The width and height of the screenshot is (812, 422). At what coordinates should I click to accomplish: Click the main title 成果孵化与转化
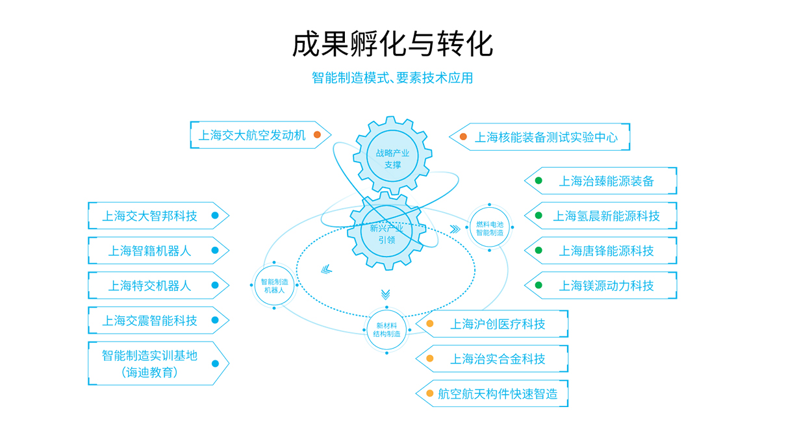point(392,44)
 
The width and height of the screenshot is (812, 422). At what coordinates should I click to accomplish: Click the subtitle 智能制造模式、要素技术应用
point(392,78)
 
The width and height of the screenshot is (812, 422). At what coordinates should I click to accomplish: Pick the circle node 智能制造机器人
point(274,286)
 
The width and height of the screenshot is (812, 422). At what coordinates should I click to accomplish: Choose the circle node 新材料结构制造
point(387,329)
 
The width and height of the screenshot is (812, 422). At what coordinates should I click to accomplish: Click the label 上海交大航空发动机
point(252,136)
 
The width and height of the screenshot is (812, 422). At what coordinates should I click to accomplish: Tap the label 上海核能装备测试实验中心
point(546,137)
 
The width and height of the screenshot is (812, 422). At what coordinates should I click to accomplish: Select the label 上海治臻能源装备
point(606,181)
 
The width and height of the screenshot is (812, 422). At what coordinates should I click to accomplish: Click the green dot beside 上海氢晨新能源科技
point(539,216)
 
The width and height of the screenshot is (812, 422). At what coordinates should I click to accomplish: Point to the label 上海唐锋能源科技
point(606,251)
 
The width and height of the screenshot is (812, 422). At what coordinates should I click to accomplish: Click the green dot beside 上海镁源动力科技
point(539,285)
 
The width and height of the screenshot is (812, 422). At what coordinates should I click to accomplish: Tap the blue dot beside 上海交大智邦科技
point(214,216)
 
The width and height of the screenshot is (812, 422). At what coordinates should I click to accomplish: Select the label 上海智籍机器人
point(150,251)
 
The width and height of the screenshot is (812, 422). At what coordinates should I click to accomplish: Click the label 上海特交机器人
point(150,285)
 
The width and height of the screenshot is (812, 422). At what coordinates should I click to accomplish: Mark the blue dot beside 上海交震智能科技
point(214,320)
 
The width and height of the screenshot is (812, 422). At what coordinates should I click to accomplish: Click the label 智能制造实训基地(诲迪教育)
point(150,364)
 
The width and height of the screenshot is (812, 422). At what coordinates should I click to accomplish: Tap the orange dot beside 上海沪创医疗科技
point(429,323)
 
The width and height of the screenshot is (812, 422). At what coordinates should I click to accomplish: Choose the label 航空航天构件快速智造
point(498,393)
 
